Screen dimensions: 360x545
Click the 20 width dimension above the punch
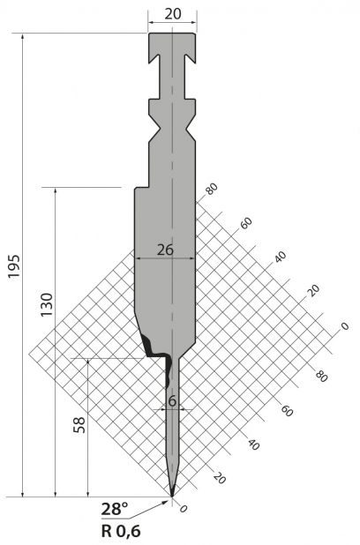click(173, 14)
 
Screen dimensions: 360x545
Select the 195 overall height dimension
click(15, 266)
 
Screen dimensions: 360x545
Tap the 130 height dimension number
click(47, 305)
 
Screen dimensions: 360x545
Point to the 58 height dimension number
click(79, 424)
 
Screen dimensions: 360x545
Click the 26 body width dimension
click(165, 250)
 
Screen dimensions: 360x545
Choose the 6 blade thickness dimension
click(172, 401)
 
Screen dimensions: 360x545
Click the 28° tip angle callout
click(115, 510)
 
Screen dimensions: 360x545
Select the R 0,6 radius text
click(121, 531)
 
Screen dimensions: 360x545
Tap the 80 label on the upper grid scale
click(211, 189)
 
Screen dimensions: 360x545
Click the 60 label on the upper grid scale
click(245, 223)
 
